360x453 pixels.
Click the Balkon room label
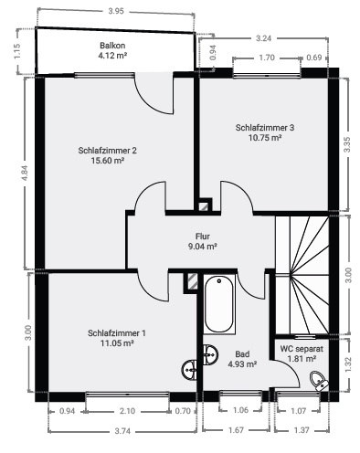point(112,46)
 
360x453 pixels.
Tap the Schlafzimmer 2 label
point(108,150)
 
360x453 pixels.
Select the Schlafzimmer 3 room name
point(264,127)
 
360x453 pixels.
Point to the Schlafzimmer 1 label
point(117,332)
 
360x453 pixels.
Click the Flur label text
point(202,235)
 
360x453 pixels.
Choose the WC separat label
point(302,349)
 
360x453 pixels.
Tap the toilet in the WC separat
point(317,381)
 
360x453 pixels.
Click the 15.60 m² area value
point(108,162)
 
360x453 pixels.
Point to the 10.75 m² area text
point(264,139)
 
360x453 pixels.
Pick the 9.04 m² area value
point(202,246)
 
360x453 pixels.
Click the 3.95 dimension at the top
point(116,11)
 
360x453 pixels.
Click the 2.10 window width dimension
point(127,411)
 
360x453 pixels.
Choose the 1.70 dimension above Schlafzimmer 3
point(267,58)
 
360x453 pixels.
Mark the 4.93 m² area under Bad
point(242,364)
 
